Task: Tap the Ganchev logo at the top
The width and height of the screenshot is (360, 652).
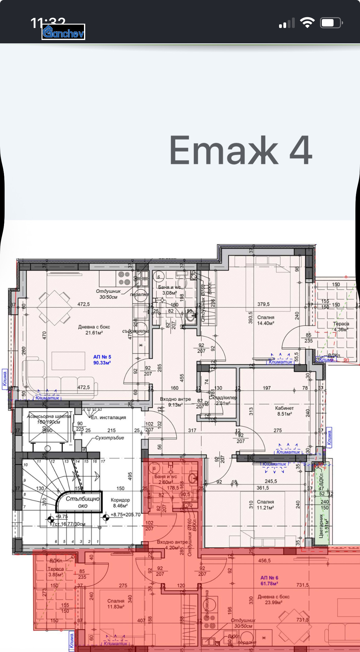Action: point(63,32)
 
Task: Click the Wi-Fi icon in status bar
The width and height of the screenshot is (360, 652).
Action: point(307,23)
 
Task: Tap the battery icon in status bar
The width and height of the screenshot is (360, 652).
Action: point(331,23)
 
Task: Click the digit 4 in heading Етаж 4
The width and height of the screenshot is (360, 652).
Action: point(301,151)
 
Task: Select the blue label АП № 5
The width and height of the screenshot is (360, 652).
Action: point(102,360)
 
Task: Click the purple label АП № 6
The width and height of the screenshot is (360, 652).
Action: point(269,580)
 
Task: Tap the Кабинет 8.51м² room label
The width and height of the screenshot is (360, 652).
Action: point(284,411)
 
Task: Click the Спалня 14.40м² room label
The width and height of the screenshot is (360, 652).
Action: point(266,320)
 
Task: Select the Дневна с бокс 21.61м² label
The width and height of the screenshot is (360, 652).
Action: point(94,330)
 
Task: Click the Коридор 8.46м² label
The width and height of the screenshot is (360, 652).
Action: point(120,503)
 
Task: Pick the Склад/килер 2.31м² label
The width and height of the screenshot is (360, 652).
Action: point(223,400)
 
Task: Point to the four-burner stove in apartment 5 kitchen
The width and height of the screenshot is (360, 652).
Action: point(124,278)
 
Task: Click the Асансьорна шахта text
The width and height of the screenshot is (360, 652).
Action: point(49,416)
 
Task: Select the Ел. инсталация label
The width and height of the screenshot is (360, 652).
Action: point(108,417)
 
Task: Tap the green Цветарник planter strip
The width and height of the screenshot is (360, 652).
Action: point(322,504)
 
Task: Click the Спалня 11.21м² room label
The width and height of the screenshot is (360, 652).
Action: point(265,505)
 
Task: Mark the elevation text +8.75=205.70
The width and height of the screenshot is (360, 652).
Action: point(126,515)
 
